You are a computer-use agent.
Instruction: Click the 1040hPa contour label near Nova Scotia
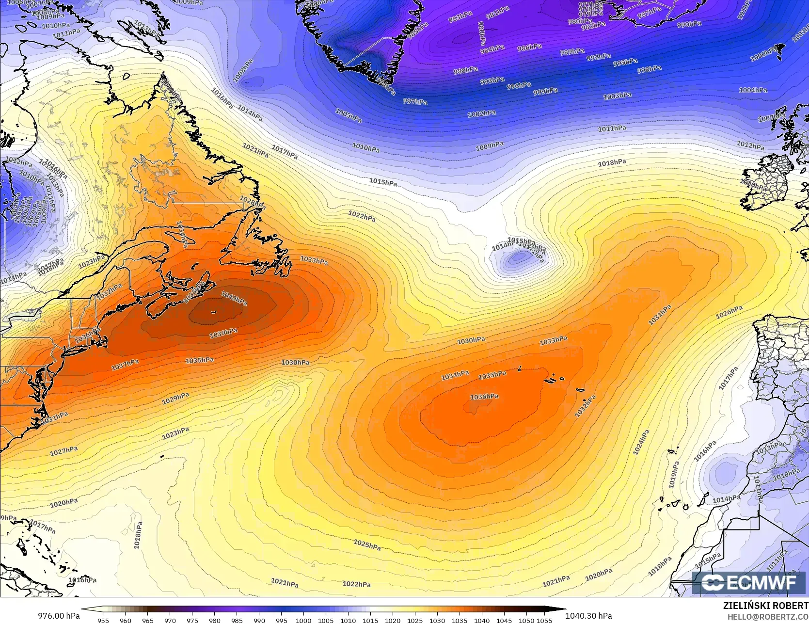click(234, 298)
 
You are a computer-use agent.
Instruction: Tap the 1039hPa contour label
click(223, 333)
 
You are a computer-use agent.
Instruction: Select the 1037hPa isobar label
click(125, 365)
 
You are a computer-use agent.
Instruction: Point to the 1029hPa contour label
click(175, 398)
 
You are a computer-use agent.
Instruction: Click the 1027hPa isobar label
click(64, 451)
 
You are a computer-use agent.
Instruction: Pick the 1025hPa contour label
click(367, 544)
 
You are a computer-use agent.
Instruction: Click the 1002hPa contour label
click(481, 114)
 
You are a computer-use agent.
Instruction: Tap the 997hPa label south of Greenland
click(415, 101)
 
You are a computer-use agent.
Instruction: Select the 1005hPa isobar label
click(349, 115)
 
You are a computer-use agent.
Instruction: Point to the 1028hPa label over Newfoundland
click(253, 202)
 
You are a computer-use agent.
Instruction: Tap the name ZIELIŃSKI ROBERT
click(765, 606)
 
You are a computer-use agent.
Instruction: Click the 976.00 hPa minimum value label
click(59, 616)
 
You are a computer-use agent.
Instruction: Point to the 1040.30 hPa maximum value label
click(588, 616)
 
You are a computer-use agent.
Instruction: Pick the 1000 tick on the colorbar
click(303, 620)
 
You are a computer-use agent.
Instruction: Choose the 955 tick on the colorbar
click(103, 620)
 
